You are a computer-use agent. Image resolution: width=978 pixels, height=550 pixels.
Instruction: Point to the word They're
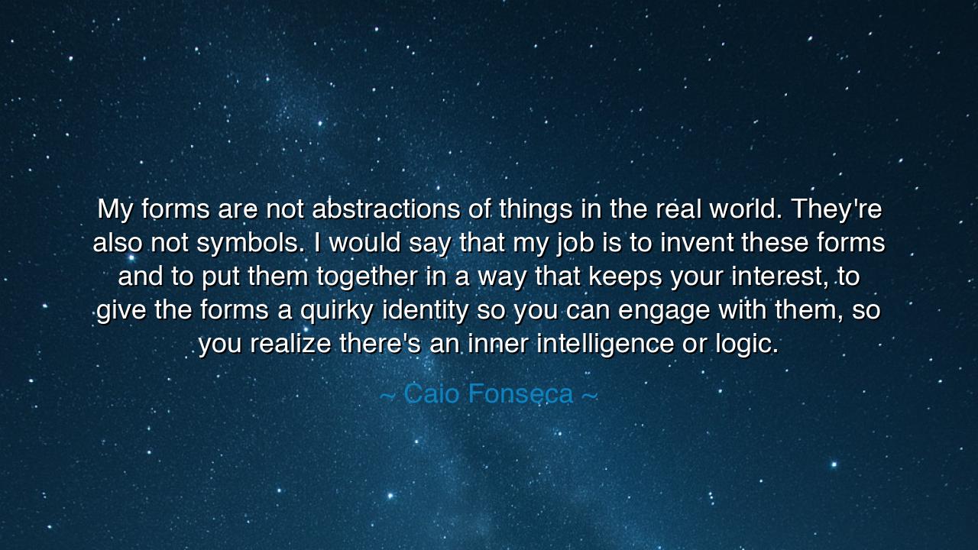point(837,209)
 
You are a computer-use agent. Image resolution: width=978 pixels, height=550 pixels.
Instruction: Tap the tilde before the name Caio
point(387,395)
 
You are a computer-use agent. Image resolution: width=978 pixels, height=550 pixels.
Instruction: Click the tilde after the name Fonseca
point(589,395)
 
